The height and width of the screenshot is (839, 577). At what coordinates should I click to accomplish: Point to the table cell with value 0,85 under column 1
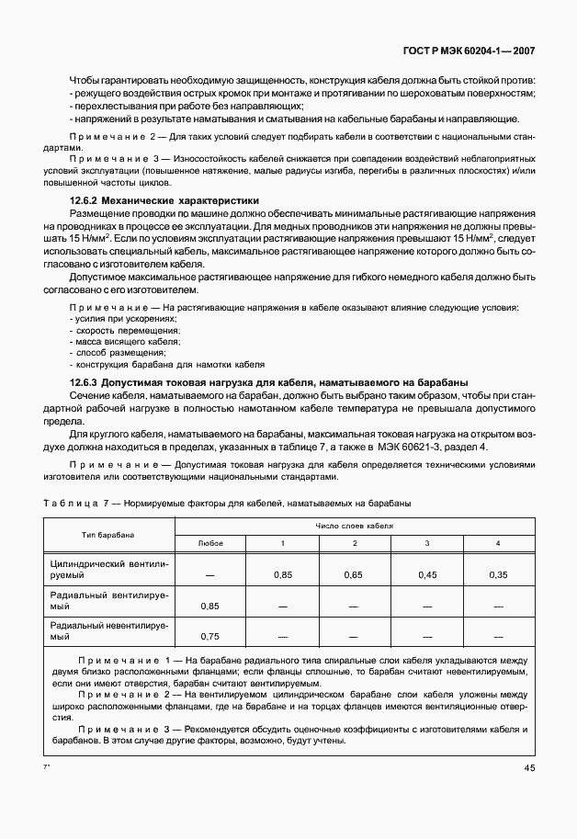[282, 574]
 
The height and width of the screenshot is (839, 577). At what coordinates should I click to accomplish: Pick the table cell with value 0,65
[354, 574]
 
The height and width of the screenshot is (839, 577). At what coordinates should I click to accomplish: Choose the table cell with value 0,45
[426, 574]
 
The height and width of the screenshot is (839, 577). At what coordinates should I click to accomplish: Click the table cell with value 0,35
[497, 574]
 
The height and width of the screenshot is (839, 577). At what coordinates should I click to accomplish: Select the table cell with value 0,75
[210, 636]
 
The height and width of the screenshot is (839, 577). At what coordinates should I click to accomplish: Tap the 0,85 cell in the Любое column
[210, 606]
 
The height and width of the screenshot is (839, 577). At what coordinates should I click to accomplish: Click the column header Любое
[210, 543]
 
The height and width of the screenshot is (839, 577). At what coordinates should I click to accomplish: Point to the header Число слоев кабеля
[354, 526]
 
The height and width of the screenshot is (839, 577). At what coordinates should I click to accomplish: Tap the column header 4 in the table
[497, 543]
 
